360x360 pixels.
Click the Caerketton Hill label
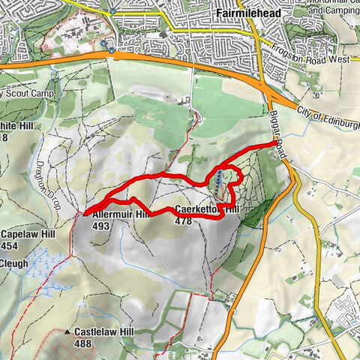(x=206, y=209)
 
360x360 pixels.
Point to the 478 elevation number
(x=183, y=221)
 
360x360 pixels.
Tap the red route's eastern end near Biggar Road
(x=270, y=143)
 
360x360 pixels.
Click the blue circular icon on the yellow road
(x=112, y=11)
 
